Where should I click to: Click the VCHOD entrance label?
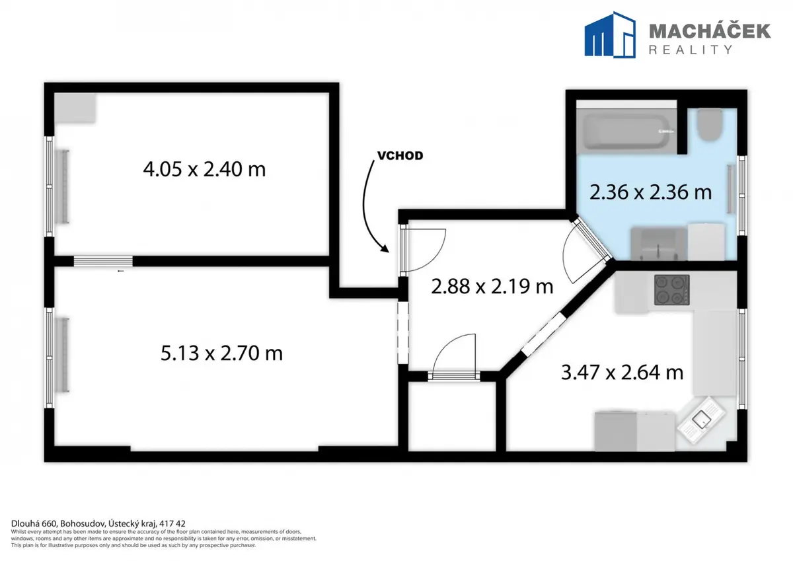[400, 156]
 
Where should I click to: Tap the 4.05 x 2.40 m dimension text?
[204, 169]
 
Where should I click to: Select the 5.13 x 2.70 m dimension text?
[221, 354]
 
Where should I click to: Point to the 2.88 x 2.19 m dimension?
[492, 287]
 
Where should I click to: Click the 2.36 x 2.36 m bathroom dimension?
[650, 192]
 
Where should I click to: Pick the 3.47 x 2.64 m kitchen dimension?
[622, 373]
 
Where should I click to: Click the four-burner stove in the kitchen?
[671, 290]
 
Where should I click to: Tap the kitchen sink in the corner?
[701, 420]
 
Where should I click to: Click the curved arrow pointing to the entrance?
[370, 207]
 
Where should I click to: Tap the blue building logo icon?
[610, 34]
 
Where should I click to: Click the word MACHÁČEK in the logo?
[710, 32]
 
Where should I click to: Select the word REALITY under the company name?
[691, 50]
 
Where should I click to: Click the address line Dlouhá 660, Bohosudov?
[98, 523]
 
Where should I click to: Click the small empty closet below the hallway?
[452, 416]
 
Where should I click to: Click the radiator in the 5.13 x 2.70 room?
[65, 355]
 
